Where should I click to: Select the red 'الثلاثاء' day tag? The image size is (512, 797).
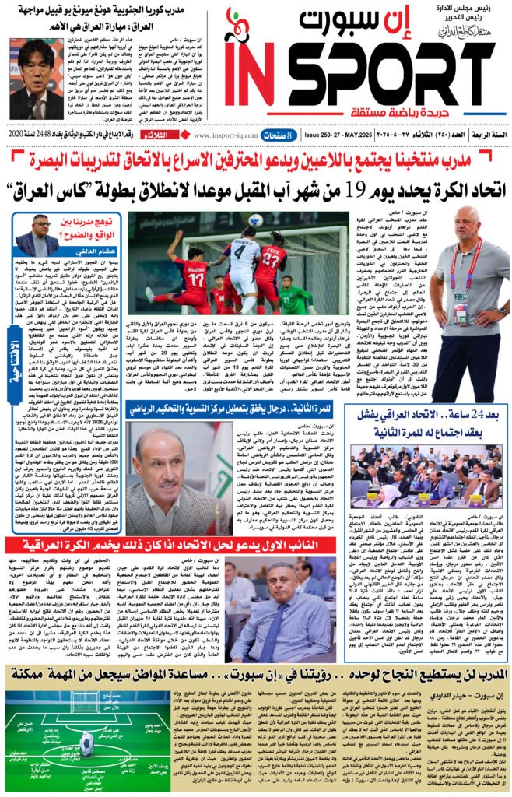tap(171, 134)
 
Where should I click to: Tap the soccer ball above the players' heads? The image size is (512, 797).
tap(254, 220)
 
